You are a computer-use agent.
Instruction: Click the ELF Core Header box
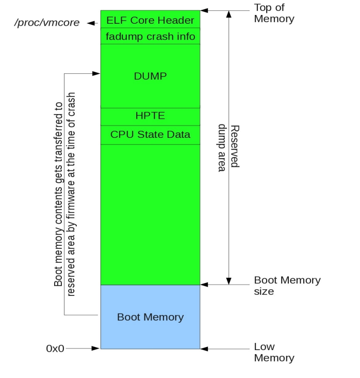(x=150, y=20)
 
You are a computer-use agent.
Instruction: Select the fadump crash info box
(x=150, y=36)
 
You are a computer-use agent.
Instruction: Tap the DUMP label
(x=150, y=76)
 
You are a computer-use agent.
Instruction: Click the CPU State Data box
(x=150, y=135)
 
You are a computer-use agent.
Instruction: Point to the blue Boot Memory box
(x=150, y=317)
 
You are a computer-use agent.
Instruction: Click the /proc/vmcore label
(x=46, y=23)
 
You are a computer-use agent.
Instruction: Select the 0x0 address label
(x=55, y=349)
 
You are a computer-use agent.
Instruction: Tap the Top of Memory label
(x=274, y=13)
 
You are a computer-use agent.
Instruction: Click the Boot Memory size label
(x=287, y=286)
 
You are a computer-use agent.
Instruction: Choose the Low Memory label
(x=274, y=352)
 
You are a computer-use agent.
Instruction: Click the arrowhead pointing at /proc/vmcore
(x=91, y=23)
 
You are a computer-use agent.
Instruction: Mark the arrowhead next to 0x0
(x=95, y=349)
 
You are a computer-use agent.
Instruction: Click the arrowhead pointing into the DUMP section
(x=96, y=74)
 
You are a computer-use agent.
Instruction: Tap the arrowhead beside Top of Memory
(x=205, y=10)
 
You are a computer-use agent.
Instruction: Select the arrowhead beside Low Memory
(x=205, y=349)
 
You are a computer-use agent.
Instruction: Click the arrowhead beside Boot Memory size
(x=205, y=284)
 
